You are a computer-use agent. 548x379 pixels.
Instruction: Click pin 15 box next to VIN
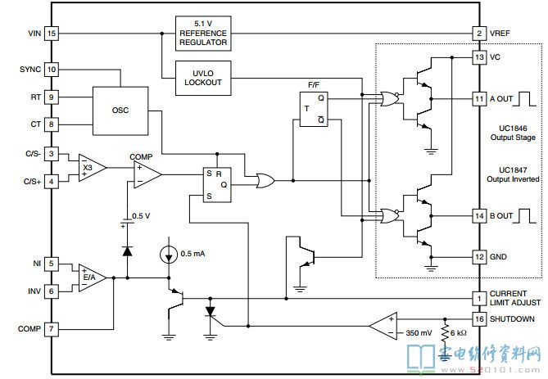coord(52,34)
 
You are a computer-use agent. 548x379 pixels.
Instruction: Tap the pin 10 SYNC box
coord(52,69)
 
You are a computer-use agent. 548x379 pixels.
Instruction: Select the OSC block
coord(120,111)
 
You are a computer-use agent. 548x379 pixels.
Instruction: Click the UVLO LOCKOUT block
coord(203,78)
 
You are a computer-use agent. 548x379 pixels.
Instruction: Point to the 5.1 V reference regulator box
coord(203,34)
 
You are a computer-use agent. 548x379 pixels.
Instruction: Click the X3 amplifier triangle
coord(92,168)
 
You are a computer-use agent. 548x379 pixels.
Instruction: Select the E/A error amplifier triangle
coord(93,277)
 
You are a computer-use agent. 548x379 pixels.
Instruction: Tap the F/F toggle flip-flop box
coord(314,109)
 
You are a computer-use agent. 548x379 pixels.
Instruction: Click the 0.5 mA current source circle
coord(169,255)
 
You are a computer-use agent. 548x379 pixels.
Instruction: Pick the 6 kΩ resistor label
coord(458,333)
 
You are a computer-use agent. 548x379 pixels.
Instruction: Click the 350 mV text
coord(419,333)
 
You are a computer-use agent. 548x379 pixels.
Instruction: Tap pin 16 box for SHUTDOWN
coord(479,319)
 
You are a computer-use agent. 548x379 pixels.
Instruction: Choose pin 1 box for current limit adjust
coord(479,298)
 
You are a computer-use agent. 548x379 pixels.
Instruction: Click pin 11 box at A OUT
coord(479,99)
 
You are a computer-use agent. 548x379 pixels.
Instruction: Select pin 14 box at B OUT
coord(479,216)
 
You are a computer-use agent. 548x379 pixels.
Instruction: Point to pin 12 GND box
coord(479,257)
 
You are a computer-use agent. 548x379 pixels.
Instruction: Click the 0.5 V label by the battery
coord(141,216)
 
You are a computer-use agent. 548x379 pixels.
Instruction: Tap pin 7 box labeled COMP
coord(52,329)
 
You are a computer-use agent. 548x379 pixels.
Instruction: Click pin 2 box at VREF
coord(479,34)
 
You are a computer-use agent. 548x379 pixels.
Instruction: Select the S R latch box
coord(217,185)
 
